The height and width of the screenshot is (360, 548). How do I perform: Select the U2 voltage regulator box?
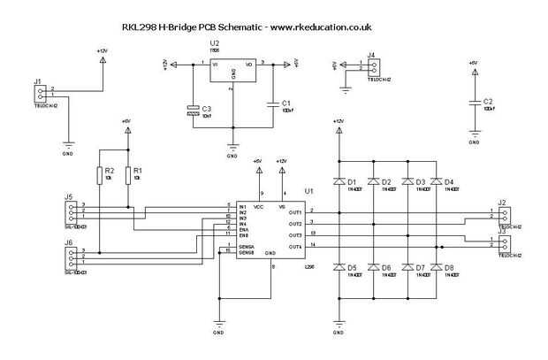pyautogui.click(x=232, y=71)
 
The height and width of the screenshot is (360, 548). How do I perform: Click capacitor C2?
pyautogui.click(x=474, y=103)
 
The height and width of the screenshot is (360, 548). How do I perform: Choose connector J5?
pyautogui.click(x=69, y=211)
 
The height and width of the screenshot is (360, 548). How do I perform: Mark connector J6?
pyautogui.click(x=69, y=257)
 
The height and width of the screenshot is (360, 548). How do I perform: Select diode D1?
pyautogui.click(x=339, y=183)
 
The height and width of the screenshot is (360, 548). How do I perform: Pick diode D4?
pyautogui.click(x=438, y=183)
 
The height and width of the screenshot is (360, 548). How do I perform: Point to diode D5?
pyautogui.click(x=339, y=267)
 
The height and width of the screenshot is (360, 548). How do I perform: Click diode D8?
pyautogui.click(x=438, y=267)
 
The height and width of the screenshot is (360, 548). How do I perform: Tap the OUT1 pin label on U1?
pyautogui.click(x=295, y=212)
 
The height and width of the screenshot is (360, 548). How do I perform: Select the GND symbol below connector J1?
pyautogui.click(x=67, y=145)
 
